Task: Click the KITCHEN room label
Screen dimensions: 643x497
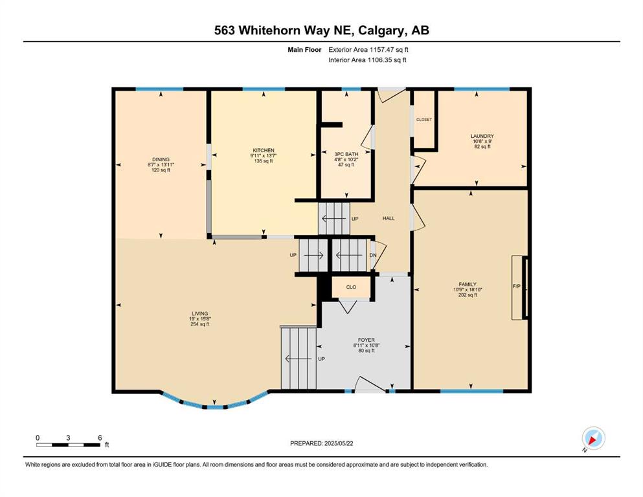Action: point(264,150)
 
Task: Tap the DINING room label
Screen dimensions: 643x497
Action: point(161,159)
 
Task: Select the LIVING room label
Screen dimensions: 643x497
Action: point(200,313)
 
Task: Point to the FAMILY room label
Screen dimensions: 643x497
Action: point(468,284)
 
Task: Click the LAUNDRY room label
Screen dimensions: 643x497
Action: point(482,136)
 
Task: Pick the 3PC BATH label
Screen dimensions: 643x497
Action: point(346,154)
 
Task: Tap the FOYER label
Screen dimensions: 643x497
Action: point(367,340)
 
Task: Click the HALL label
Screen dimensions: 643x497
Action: point(389,218)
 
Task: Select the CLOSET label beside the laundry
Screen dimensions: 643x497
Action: point(424,120)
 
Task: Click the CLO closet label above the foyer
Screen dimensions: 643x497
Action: point(351,287)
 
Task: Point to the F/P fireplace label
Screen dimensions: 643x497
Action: point(517,287)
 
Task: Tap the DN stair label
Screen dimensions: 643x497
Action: point(373,255)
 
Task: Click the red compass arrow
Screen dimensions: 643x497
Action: point(592,441)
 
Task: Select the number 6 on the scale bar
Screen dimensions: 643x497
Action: point(100,437)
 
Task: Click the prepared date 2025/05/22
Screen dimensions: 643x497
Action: point(338,443)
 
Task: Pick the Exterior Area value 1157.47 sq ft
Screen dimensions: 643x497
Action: point(389,50)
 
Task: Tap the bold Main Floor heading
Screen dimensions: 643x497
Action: point(304,50)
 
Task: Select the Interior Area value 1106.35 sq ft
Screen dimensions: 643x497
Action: point(387,60)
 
